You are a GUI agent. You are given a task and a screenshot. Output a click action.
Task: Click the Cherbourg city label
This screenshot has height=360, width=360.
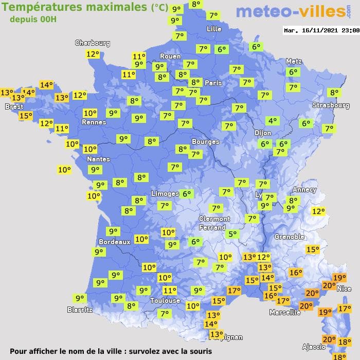pos(93,43)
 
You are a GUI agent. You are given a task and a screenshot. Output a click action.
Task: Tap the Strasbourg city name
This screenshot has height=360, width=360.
pos(331,105)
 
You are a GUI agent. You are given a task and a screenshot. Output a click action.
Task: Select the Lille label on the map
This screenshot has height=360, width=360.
pos(213,29)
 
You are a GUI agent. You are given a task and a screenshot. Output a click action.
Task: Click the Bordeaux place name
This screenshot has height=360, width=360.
pos(114,242)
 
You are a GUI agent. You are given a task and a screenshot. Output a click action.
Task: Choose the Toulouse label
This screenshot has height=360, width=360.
pos(165,300)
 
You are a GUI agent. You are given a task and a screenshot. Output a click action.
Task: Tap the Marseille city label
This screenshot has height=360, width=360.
pos(285,312)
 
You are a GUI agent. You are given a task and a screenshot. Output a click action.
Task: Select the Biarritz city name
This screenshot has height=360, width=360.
pos(80,310)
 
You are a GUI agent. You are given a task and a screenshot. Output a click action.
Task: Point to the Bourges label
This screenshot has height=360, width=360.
pos(205,141)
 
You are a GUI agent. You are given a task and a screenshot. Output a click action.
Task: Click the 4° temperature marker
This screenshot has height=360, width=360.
pos(272,121)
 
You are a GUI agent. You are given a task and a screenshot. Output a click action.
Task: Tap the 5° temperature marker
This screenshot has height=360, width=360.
pos(233,234)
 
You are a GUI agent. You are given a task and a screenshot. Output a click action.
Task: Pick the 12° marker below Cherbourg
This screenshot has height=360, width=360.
pos(93,54)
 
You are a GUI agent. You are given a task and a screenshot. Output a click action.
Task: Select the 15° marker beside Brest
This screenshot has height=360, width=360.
pos(25,116)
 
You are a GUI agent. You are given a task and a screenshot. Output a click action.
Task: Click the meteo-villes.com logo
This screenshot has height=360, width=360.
pos(291,11)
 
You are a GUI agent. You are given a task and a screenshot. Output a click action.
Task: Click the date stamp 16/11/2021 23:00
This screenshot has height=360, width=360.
pos(321,30)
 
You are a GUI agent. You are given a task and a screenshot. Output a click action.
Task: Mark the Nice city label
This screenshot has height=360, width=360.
pos(344,289)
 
